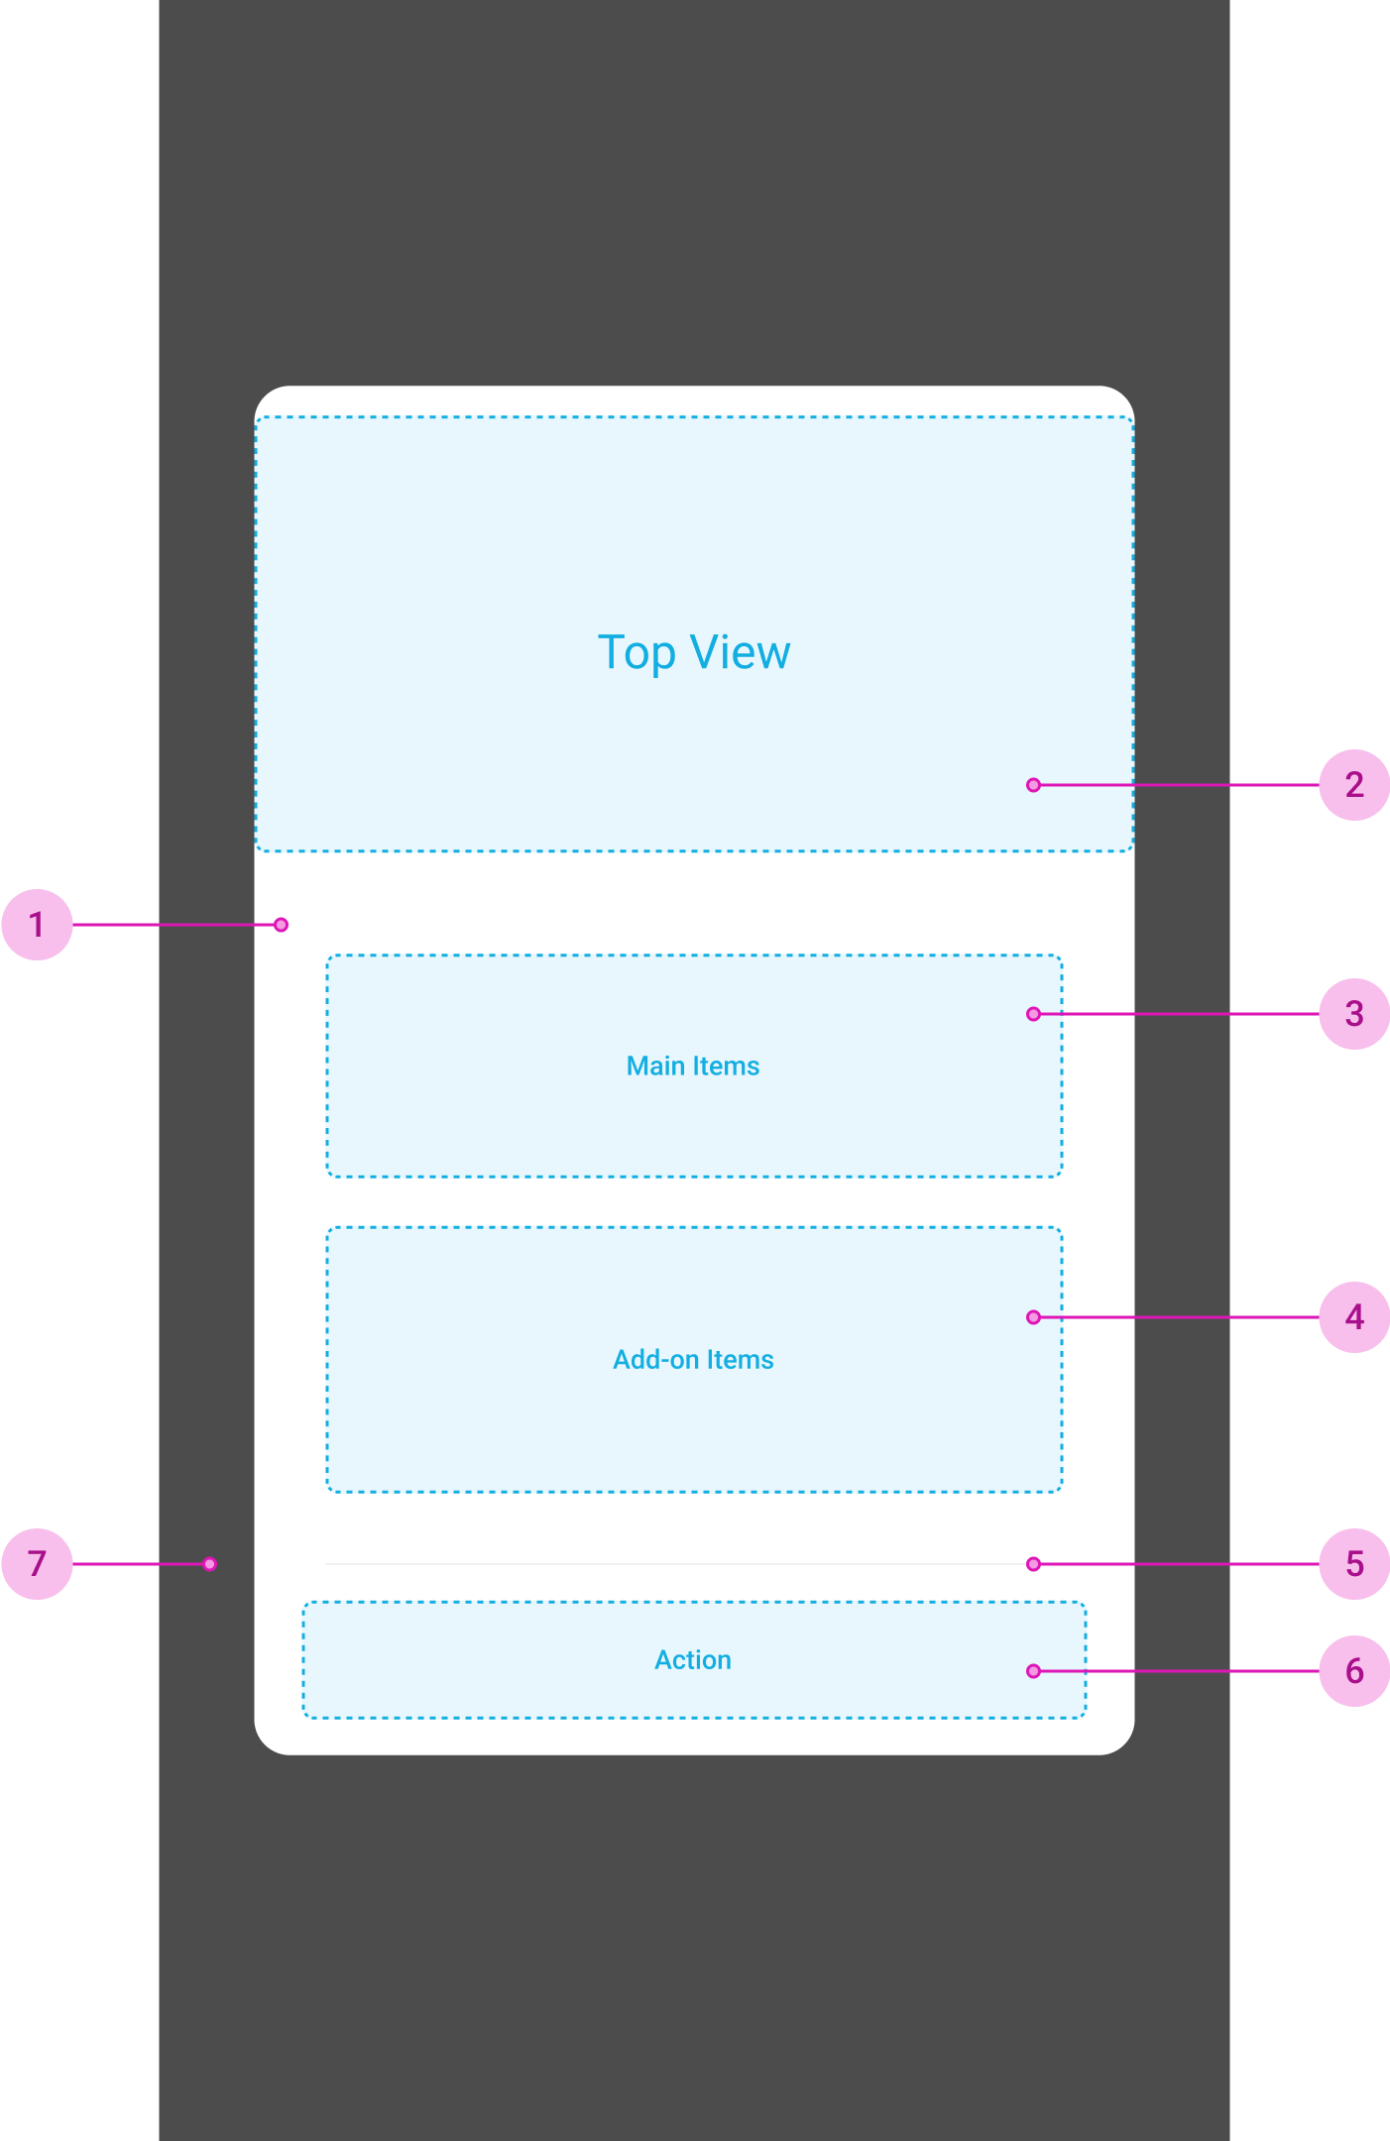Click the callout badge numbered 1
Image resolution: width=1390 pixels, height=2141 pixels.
(37, 925)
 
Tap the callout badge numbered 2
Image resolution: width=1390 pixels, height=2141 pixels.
(1353, 785)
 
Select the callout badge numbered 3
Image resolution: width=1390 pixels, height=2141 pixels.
(1353, 1014)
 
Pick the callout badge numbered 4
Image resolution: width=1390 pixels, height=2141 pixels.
(1353, 1317)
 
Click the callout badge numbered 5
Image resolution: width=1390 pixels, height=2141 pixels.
(1353, 1564)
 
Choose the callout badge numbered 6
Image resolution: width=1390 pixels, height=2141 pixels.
(1353, 1671)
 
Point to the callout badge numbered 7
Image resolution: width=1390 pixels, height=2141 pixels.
(37, 1564)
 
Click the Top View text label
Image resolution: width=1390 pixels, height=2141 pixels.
(694, 653)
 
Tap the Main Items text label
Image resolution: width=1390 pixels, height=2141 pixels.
(693, 1067)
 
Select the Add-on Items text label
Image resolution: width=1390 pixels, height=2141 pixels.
(693, 1360)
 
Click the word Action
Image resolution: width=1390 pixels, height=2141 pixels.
(693, 1660)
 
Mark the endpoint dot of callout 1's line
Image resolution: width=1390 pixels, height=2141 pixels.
(282, 925)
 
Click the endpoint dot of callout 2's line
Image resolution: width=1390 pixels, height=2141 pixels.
(1033, 785)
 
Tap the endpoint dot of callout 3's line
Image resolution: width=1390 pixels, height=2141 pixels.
(1033, 1014)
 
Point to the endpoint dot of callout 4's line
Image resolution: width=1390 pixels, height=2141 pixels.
(1033, 1317)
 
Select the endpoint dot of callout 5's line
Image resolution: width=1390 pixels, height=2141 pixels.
(1033, 1564)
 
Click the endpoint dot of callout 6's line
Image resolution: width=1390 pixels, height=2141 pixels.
(1033, 1671)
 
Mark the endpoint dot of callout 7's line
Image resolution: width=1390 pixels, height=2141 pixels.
(210, 1564)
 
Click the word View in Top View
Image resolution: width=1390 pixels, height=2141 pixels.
(741, 653)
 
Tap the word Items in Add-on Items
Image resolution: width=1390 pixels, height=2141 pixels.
(740, 1360)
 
